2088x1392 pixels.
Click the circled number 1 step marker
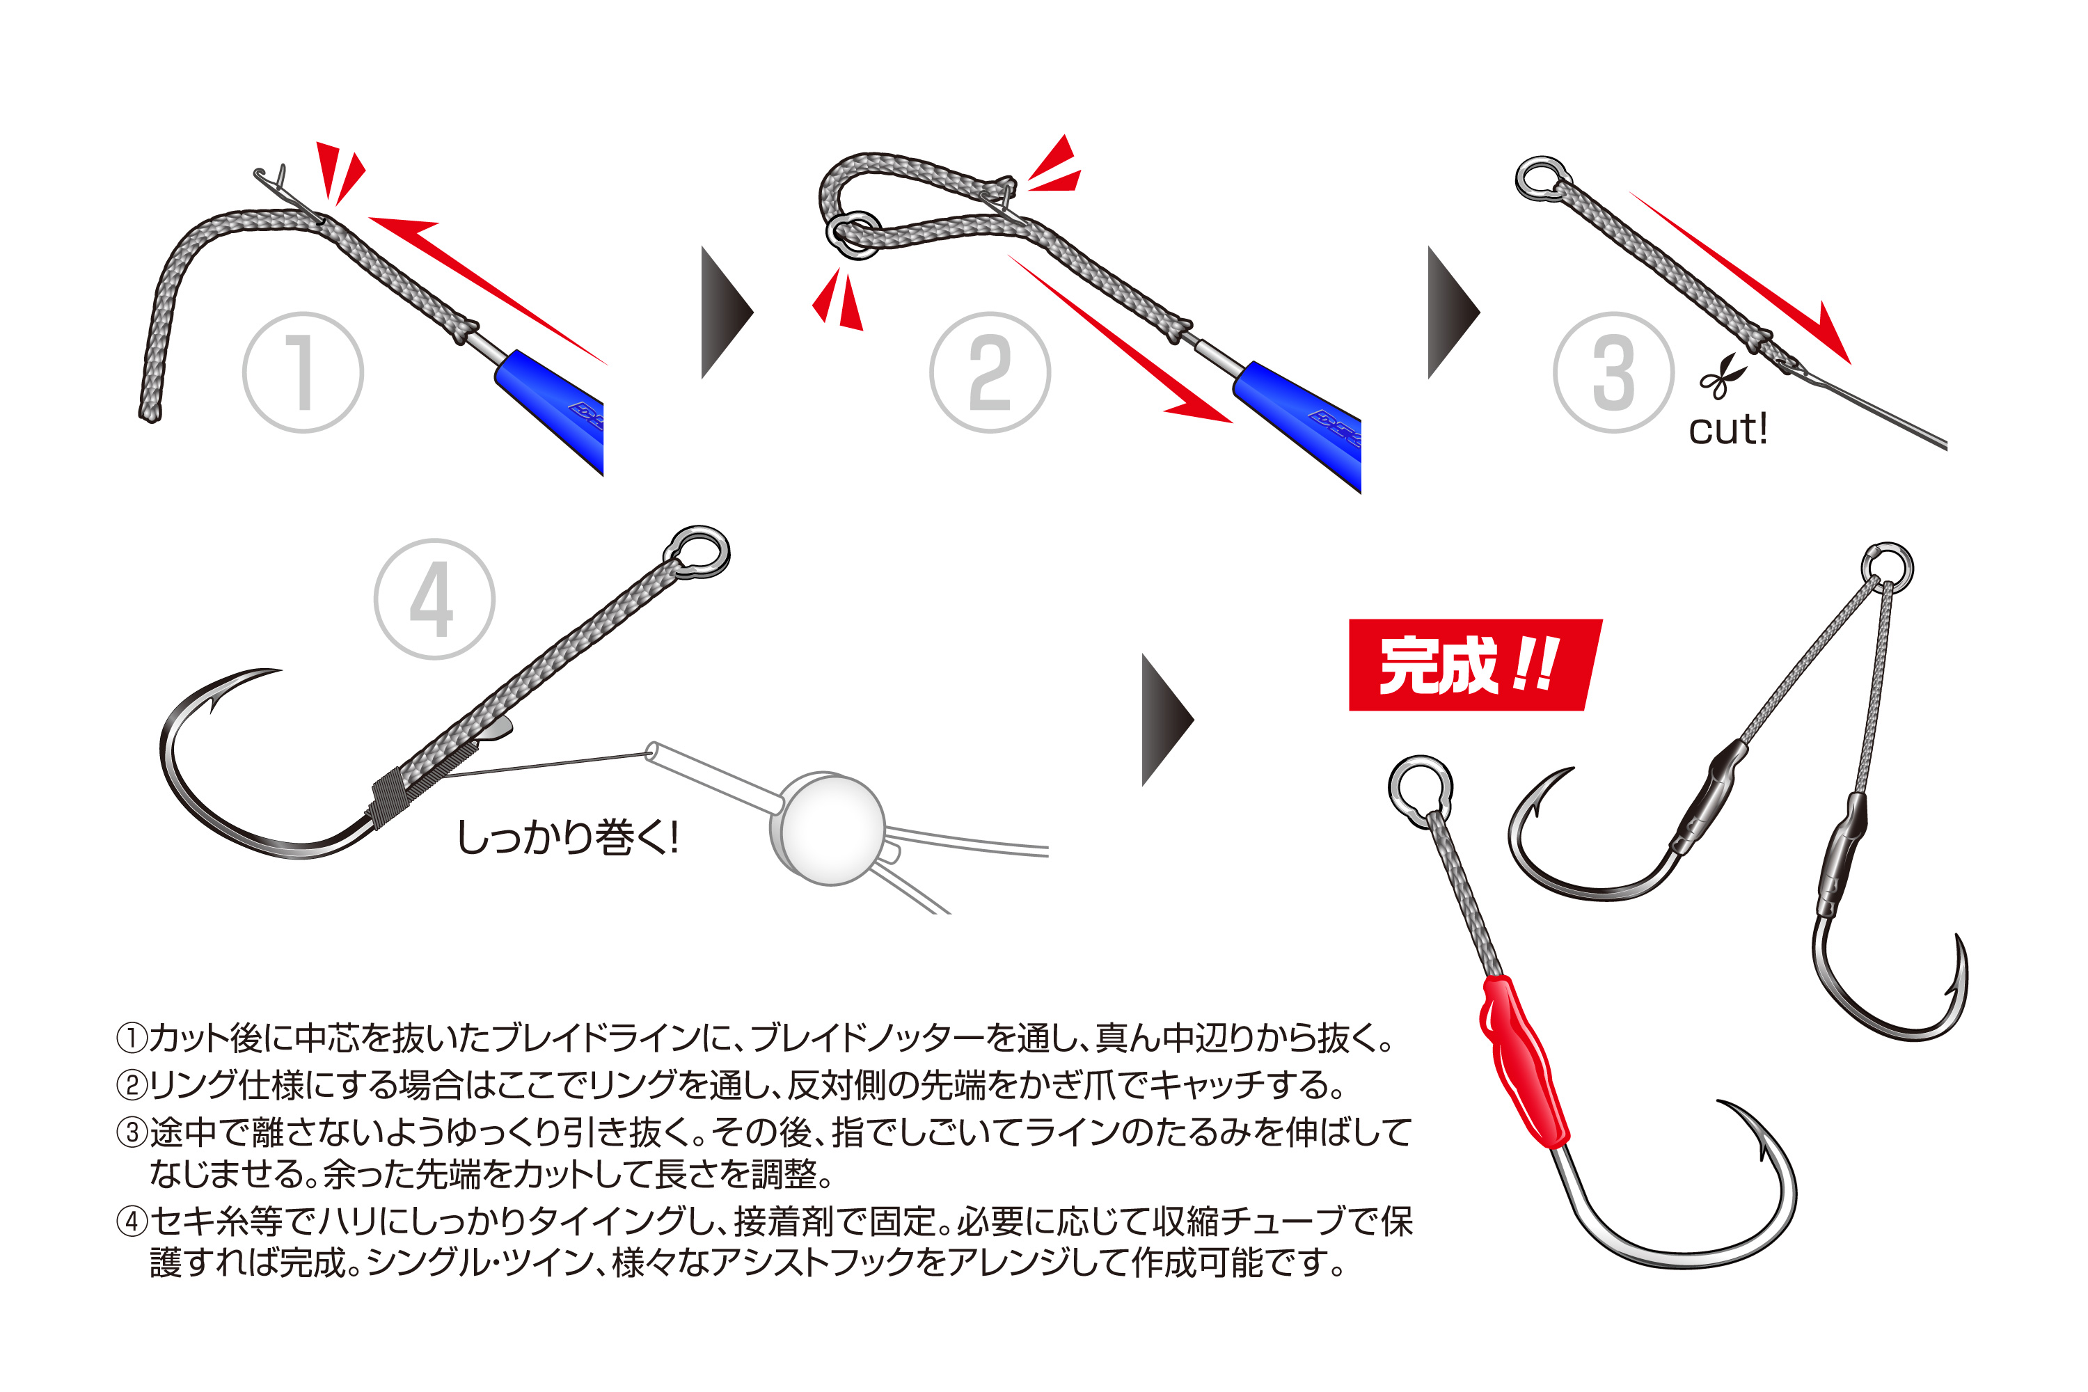[303, 373]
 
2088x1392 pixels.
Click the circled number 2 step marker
[990, 373]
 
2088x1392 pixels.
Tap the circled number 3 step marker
[1613, 373]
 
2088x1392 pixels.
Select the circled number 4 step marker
[434, 599]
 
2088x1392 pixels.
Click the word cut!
[1727, 429]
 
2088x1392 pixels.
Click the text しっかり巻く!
[567, 837]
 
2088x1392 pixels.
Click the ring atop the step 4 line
[699, 552]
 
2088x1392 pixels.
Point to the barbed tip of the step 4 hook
[213, 706]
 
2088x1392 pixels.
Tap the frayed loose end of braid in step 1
[149, 412]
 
